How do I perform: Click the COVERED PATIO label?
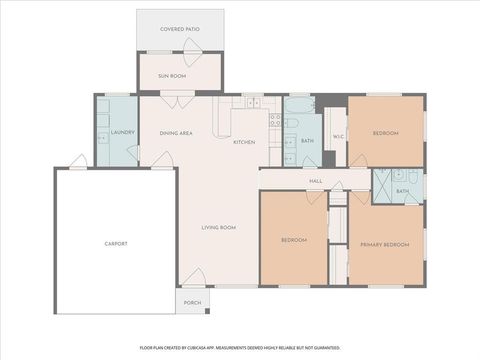coord(180,30)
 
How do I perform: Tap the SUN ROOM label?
coord(172,75)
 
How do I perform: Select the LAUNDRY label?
coord(122,132)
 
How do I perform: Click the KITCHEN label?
coord(244,142)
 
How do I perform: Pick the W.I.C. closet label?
coord(338,136)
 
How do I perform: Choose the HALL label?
coord(316,181)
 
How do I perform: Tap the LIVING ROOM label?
coord(219,228)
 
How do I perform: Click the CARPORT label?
coord(115,243)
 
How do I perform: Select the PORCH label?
coord(192,302)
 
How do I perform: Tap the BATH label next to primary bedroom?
coord(402,191)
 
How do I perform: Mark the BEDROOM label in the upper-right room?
coord(386,133)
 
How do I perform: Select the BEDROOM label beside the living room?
coord(293,240)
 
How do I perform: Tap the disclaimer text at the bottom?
coord(240,349)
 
